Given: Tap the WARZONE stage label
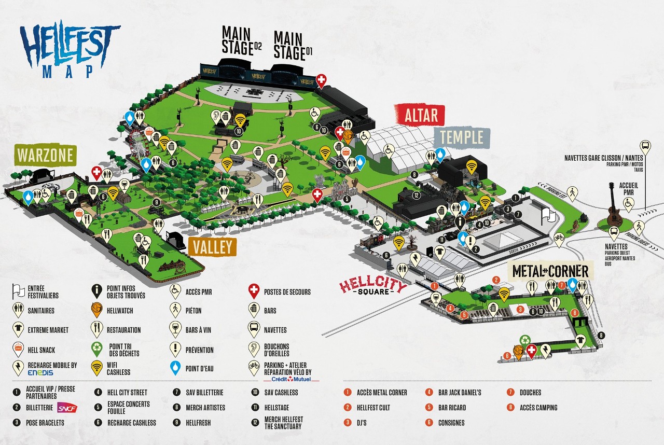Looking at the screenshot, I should pos(46,155).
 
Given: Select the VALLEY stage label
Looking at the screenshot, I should pos(212,247).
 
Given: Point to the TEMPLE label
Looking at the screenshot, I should pos(462,137).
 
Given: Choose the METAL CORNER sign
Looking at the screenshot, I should pos(550,271).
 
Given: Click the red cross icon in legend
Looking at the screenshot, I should pos(254,291).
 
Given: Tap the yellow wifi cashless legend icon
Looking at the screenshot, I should pos(96,368).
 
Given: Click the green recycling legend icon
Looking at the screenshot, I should pos(96,349).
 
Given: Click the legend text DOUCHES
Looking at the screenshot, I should pos(530,393).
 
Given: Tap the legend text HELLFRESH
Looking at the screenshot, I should pos(198,423).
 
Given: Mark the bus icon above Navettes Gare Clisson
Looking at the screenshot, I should pos(645,146).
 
